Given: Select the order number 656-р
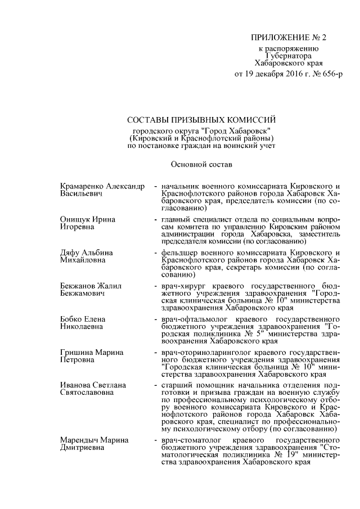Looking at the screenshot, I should [x=329, y=74].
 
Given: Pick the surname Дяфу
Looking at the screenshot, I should [x=70, y=253].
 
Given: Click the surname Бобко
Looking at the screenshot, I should [x=72, y=319].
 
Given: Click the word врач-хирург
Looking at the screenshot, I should [x=182, y=286].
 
